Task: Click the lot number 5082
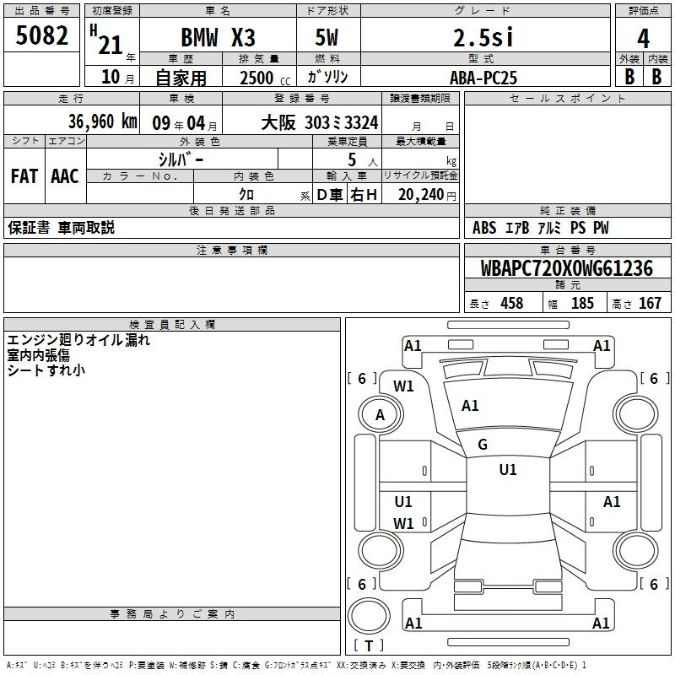coord(41,35)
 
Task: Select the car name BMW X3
coord(218,37)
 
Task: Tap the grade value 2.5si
coord(483,37)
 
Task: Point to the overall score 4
coord(643,39)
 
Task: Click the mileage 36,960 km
coord(102,121)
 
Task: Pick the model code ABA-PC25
coord(483,78)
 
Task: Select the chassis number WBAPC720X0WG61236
coord(566,268)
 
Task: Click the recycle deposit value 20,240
coord(421,195)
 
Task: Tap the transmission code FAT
coord(24,176)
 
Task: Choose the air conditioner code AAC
coord(65,176)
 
